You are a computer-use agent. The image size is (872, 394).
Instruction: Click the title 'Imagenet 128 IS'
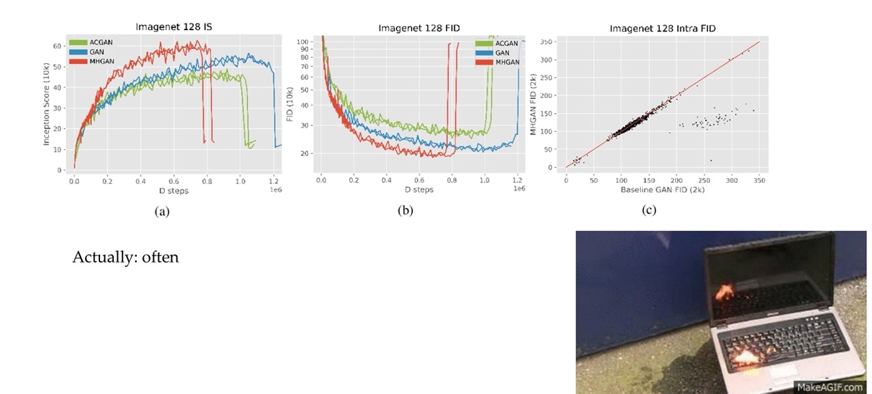[175, 28]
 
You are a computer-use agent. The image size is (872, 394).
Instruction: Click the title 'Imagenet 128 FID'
[420, 28]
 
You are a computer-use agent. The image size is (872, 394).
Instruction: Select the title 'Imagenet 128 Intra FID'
[663, 28]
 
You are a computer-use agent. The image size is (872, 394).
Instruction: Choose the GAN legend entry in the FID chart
[502, 52]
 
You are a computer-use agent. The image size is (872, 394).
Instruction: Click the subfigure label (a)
[161, 211]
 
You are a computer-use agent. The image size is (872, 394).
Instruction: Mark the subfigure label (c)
[649, 210]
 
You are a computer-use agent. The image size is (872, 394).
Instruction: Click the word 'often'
[161, 258]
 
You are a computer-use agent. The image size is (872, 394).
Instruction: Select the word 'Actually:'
[105, 258]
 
